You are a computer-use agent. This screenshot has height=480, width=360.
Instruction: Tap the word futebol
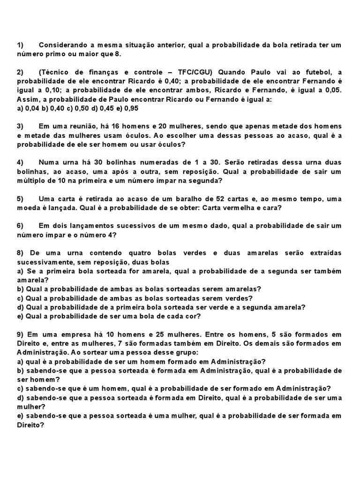(316, 72)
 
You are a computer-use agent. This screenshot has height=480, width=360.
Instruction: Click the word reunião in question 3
(81, 127)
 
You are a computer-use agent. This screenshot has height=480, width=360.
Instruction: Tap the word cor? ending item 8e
(192, 316)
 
